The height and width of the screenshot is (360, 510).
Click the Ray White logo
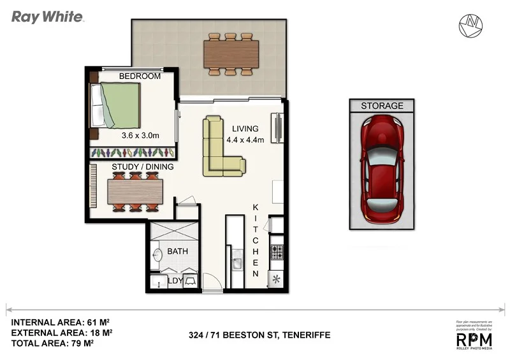47,17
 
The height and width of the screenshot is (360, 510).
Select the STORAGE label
382,106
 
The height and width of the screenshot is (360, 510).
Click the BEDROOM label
140,76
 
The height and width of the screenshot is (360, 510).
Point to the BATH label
177,251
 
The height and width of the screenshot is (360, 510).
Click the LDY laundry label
175,280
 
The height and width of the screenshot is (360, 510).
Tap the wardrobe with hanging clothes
132,153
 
